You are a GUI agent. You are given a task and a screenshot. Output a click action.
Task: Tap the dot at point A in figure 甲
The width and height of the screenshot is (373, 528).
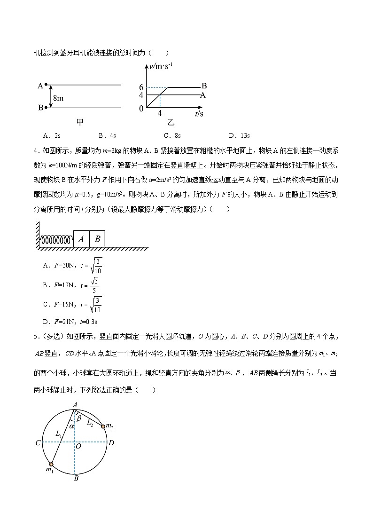(46, 85)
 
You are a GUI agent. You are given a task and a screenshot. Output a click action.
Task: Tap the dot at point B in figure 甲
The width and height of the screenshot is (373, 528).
(46, 108)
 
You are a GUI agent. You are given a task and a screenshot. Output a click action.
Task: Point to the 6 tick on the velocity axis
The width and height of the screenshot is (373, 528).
(141, 87)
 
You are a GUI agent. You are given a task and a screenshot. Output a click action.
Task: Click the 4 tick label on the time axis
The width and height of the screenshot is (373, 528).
(160, 113)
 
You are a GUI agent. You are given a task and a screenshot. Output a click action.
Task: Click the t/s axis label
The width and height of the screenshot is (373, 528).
(199, 114)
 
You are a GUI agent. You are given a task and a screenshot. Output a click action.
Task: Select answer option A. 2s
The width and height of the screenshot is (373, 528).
(52, 135)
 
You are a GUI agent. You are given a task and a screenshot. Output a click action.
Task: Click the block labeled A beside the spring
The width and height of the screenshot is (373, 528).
(81, 239)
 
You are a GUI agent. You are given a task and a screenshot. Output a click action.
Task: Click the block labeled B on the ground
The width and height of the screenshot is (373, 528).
(97, 239)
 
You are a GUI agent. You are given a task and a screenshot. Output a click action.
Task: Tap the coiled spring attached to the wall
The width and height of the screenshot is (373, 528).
(56, 240)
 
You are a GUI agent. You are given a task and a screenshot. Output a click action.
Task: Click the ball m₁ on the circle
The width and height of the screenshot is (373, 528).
(51, 465)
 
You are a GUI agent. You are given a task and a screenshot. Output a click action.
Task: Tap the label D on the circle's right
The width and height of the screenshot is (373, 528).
(111, 442)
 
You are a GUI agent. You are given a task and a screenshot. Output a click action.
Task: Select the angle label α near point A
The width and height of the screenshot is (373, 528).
(71, 426)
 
